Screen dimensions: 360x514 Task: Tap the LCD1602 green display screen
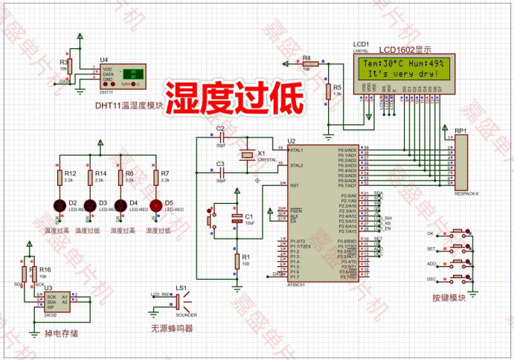tap(404, 68)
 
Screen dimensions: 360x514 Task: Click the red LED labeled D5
tap(155, 205)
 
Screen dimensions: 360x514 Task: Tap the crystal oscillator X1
tap(247, 155)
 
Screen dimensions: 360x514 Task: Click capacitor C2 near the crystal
tap(221, 138)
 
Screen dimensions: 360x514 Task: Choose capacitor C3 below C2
tap(221, 171)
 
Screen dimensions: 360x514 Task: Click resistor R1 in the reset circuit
tap(237, 261)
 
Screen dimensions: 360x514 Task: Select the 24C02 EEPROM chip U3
tap(53, 300)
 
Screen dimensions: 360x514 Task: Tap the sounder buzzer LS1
tap(181, 300)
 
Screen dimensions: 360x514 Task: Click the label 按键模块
tap(448, 298)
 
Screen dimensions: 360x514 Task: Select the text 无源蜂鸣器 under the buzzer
tap(172, 327)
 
